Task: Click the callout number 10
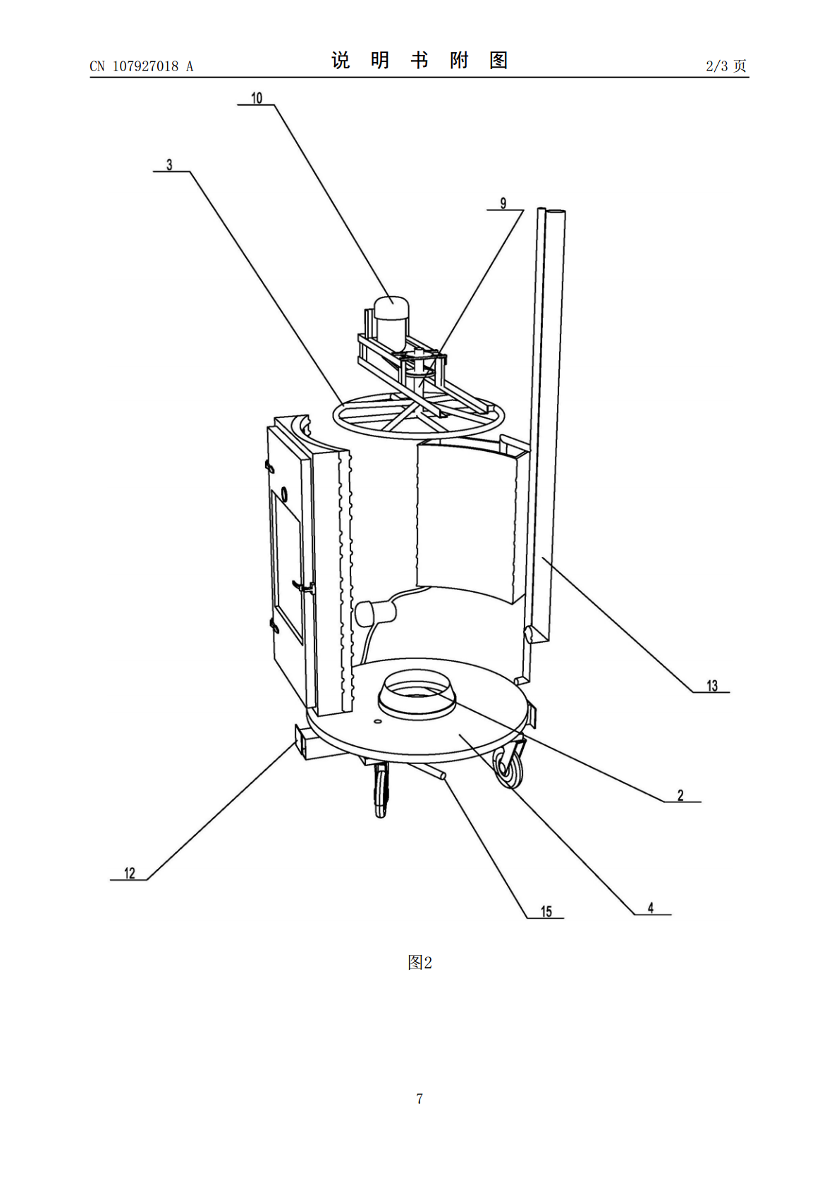coord(257,98)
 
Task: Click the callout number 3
coord(170,165)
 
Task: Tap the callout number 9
coord(503,203)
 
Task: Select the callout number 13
coord(712,685)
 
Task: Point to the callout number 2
coord(680,795)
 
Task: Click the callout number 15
coord(546,911)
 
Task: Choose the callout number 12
coord(130,873)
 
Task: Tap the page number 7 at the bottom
coord(420,1098)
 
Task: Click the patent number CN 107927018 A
coord(142,66)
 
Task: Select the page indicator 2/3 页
coord(726,66)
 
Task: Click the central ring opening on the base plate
coord(417,694)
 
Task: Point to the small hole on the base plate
coord(376,721)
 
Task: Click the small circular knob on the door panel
coord(285,494)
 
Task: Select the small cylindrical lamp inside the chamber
coord(376,613)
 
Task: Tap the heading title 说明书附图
coord(420,60)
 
